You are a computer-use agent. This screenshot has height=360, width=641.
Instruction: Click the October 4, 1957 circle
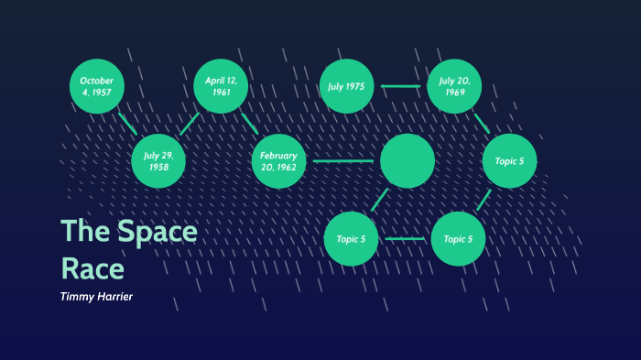tap(97, 87)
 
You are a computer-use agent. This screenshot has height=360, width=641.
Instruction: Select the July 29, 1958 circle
tap(158, 161)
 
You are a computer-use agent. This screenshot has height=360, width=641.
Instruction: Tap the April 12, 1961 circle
tap(221, 87)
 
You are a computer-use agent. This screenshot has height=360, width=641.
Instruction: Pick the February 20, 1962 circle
tap(278, 161)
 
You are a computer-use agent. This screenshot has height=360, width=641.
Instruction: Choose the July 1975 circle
tap(346, 87)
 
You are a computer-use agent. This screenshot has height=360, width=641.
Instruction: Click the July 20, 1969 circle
tap(454, 87)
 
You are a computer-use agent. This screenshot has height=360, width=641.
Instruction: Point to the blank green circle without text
tap(407, 160)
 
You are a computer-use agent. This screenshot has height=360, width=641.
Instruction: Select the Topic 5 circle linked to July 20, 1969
tap(509, 161)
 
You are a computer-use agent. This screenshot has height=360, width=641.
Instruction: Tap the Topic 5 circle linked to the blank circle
tap(351, 239)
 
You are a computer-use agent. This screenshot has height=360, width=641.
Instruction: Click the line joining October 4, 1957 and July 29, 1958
tap(127, 124)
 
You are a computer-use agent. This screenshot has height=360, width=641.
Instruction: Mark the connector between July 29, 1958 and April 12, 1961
tap(190, 124)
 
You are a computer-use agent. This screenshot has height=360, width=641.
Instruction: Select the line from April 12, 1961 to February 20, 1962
tap(249, 123)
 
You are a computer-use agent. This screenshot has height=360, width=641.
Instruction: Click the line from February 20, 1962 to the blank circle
tap(342, 161)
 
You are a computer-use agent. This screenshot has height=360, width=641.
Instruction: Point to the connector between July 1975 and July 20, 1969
tap(400, 87)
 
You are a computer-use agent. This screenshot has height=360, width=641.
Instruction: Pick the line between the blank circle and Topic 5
tap(380, 200)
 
